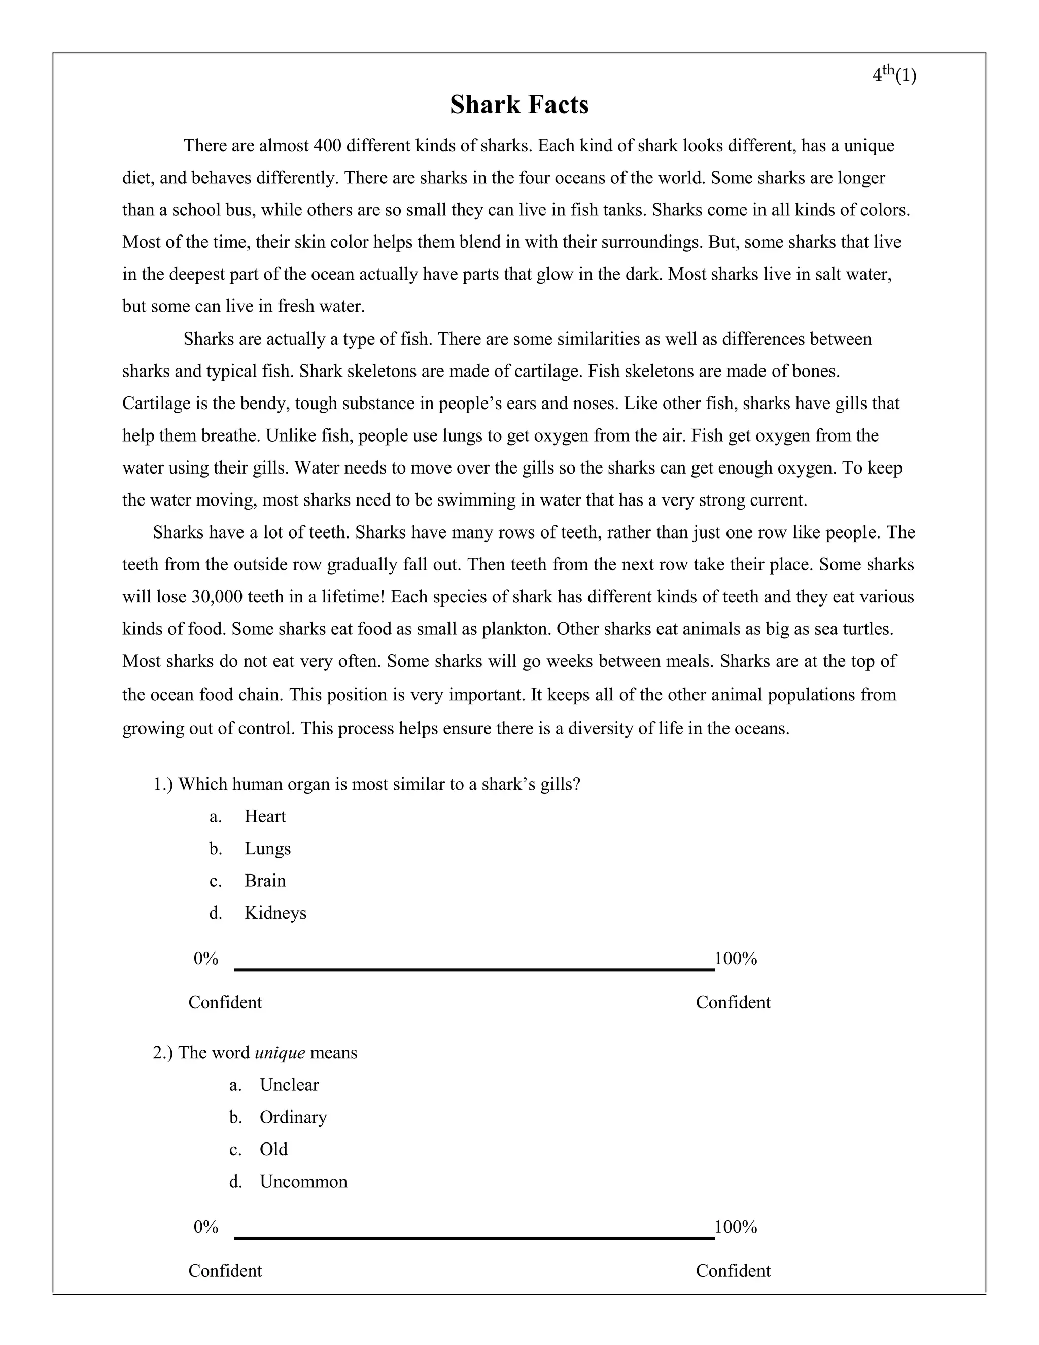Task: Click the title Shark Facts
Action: pos(519,105)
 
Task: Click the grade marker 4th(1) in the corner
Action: pos(894,75)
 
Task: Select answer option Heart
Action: pos(265,816)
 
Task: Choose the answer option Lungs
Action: pos(267,848)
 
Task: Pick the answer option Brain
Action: pos(265,880)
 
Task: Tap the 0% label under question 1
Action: pos(205,958)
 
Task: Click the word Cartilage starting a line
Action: pos(157,403)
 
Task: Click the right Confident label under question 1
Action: pos(733,1002)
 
